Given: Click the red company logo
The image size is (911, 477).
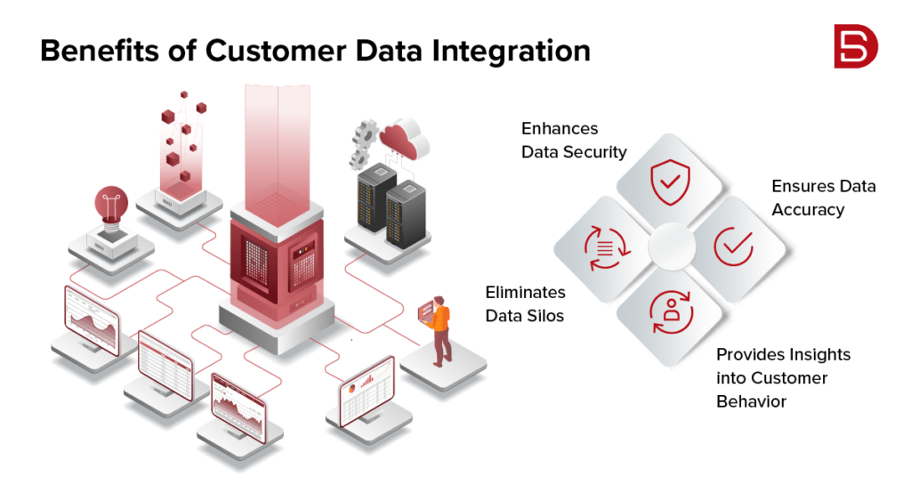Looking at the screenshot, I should tap(855, 47).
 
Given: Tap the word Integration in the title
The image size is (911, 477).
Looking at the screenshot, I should tap(513, 51).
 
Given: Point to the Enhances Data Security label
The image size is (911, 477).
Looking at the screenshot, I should tap(574, 141).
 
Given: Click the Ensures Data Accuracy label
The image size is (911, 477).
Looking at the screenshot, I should tap(823, 198).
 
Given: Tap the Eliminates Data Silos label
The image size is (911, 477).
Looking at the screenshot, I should tap(525, 303).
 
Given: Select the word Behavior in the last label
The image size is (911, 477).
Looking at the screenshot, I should tap(752, 401).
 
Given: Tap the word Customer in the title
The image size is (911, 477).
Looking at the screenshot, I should tap(294, 51).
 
